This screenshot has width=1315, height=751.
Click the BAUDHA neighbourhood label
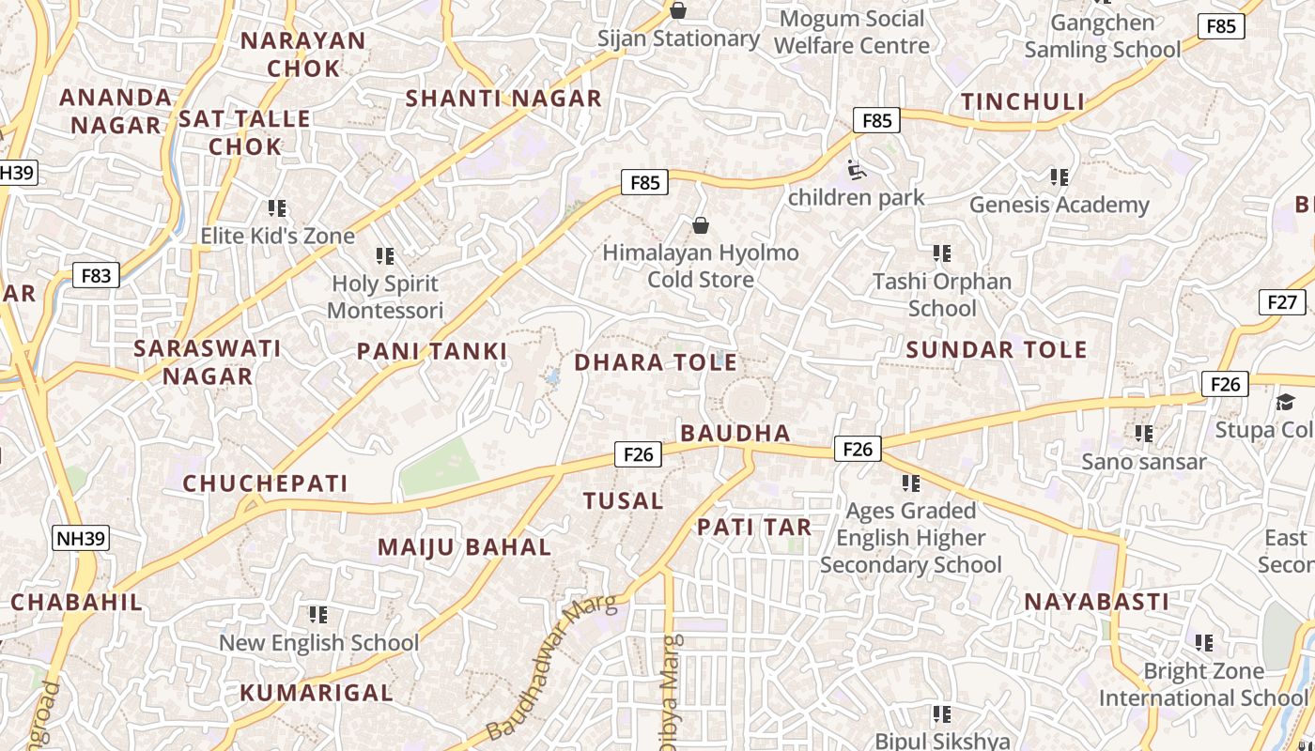coord(735,433)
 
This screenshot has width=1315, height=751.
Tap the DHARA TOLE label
coord(655,362)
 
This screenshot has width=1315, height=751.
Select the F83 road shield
coord(96,275)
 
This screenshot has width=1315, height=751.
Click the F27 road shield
coord(1281,302)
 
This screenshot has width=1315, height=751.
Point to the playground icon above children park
coord(857,170)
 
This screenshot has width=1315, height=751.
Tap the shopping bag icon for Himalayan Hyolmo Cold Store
coord(700,225)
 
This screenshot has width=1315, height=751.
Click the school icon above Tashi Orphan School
coord(941,253)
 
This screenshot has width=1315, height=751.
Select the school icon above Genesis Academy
coord(1059,176)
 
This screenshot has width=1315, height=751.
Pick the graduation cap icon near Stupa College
coord(1284,403)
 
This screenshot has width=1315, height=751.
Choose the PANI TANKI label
coord(431,352)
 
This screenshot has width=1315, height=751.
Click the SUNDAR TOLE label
coord(997,350)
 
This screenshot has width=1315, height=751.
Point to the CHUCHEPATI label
coord(265,483)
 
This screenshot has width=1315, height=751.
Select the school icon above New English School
coord(317,615)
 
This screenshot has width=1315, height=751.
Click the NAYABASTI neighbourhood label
coord(1096,602)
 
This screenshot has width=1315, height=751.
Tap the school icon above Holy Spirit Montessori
coord(384,255)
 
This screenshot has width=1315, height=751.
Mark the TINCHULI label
coord(1022,101)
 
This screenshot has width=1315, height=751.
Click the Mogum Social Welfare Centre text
coord(852,32)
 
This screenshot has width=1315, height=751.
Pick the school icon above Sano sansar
coord(1143,434)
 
